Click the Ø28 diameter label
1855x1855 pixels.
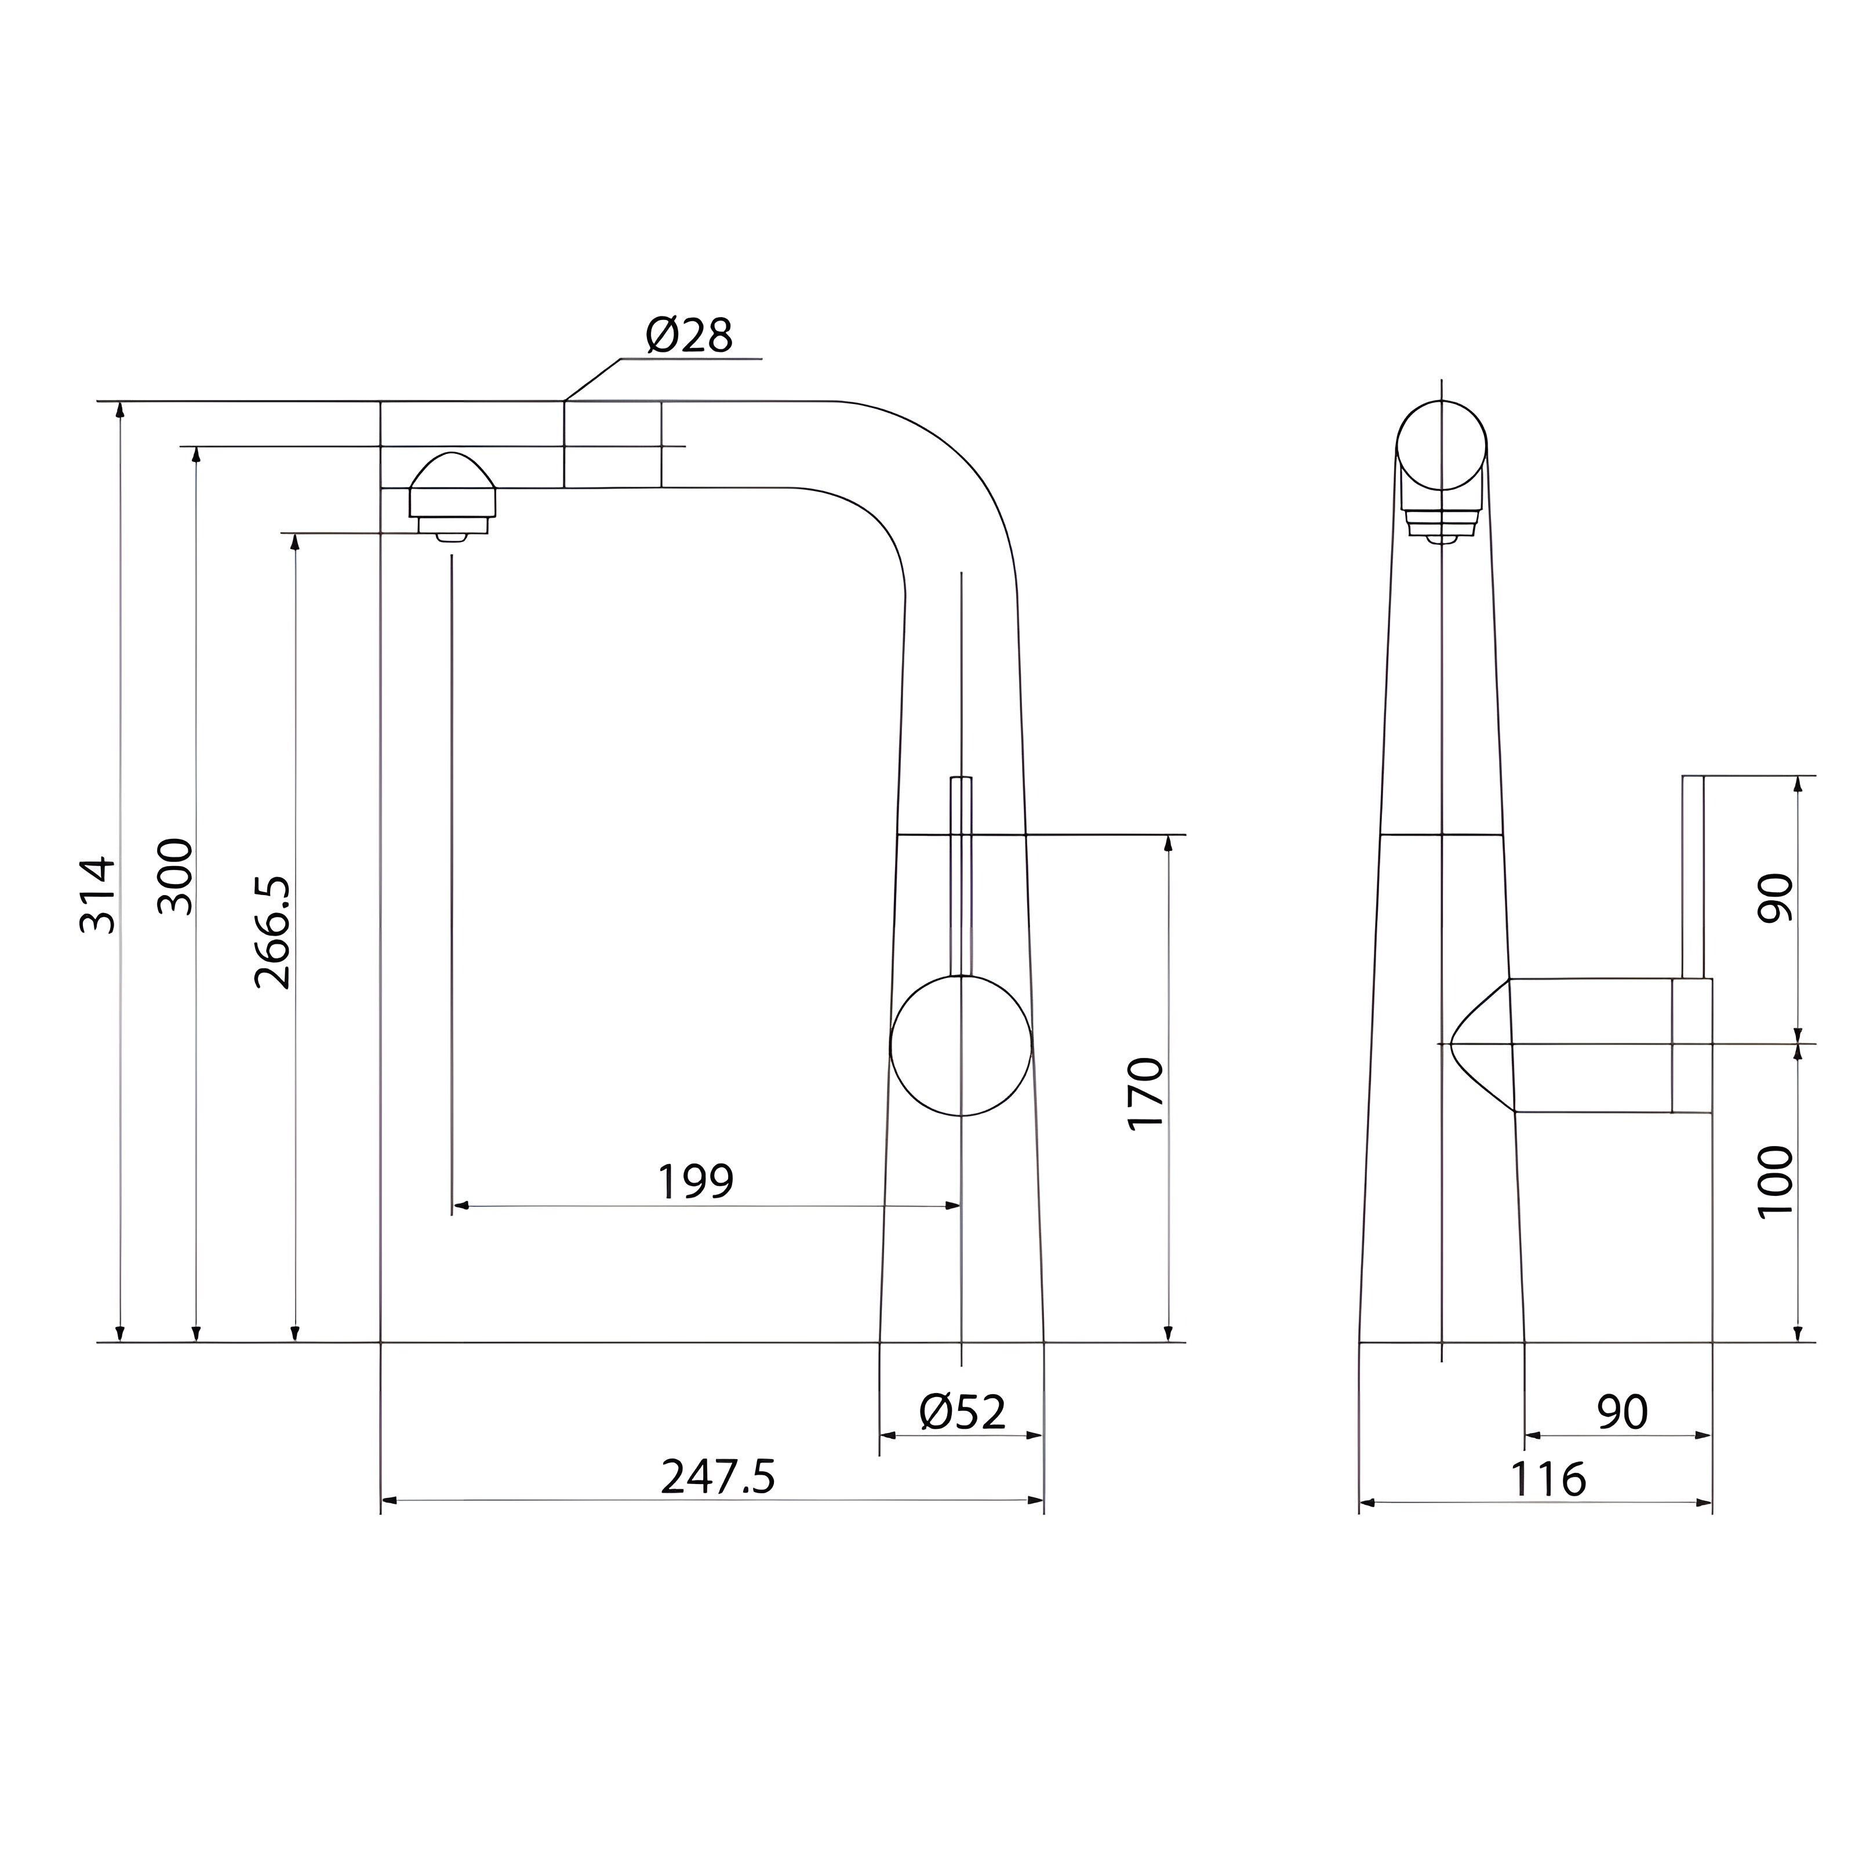[689, 335]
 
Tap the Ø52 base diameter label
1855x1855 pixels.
[962, 1412]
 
